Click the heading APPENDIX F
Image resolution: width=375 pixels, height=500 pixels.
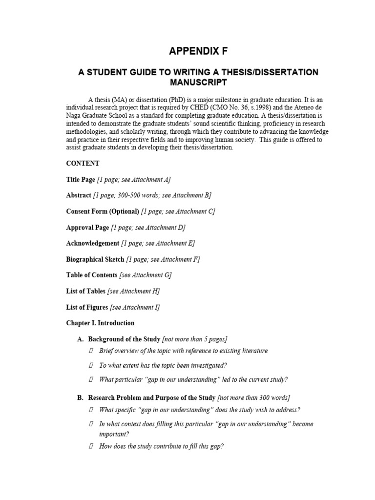pyautogui.click(x=198, y=51)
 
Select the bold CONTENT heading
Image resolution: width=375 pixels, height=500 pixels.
pyautogui.click(x=83, y=164)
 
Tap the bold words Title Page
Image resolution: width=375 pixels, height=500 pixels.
pyautogui.click(x=81, y=180)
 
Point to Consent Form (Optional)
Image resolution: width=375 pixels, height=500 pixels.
pyautogui.click(x=103, y=211)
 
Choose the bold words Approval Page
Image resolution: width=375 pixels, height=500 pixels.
pyautogui.click(x=87, y=228)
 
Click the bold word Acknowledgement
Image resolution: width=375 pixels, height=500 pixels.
pyautogui.click(x=92, y=243)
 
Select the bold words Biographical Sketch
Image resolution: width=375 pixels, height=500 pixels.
pyautogui.click(x=95, y=259)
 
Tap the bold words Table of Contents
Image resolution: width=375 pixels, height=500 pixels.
pyautogui.click(x=92, y=275)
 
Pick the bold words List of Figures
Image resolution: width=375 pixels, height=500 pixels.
pyautogui.click(x=87, y=307)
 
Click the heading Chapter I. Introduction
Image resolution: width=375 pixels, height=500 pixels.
pyautogui.click(x=100, y=323)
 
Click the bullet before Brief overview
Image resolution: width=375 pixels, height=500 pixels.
pyautogui.click(x=91, y=351)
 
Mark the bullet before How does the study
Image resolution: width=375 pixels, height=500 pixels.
pyautogui.click(x=91, y=446)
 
